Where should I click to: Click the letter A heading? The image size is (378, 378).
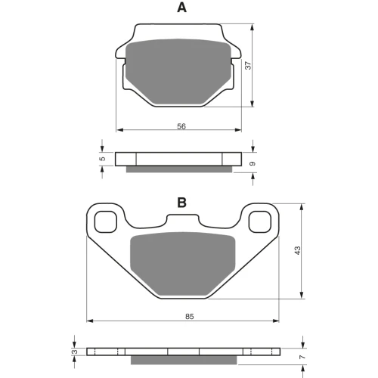coord(182,8)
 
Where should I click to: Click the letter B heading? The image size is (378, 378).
coord(182,203)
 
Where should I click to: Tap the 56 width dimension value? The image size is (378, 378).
coord(181,126)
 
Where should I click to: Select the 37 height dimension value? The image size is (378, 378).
coord(249,65)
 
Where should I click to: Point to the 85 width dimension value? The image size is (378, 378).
coord(190,316)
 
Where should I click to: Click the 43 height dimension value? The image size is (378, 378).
coord(298,250)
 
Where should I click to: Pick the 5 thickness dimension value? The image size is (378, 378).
coord(102,159)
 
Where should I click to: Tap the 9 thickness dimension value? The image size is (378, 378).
coord(253,164)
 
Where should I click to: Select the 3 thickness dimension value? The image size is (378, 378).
coord(76,352)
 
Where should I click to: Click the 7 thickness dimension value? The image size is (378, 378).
coord(302,357)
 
